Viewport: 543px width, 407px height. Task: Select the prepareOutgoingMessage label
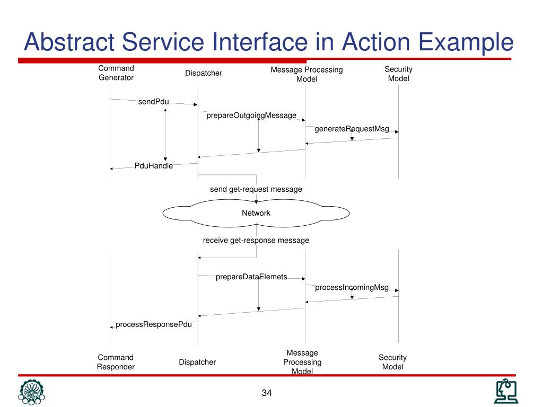(x=251, y=116)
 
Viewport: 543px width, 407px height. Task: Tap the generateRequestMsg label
(x=352, y=129)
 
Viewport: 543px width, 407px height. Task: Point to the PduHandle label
(x=154, y=166)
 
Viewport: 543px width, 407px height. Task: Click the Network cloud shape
(x=256, y=213)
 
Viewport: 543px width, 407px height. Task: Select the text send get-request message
(x=256, y=189)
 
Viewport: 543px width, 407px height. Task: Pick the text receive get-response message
(x=256, y=240)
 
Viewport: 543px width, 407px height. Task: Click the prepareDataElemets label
(x=251, y=277)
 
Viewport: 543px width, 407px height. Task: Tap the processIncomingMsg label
(x=352, y=288)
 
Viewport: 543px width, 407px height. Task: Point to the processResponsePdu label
(x=154, y=324)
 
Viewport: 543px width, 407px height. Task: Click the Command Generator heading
(x=116, y=73)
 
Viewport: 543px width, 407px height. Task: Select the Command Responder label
(x=116, y=362)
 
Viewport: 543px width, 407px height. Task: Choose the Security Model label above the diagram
(x=399, y=74)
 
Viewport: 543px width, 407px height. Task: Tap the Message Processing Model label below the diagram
(x=302, y=362)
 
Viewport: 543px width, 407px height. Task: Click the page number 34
(x=266, y=393)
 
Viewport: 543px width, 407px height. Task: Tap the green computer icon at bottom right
(x=506, y=392)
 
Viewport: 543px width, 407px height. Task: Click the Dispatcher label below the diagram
(x=197, y=362)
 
